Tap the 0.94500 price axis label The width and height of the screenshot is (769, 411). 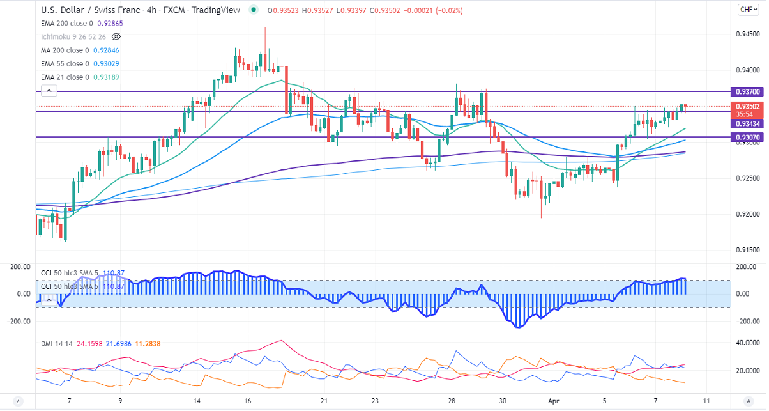click(x=747, y=34)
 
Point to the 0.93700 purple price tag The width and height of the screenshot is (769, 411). click(x=747, y=92)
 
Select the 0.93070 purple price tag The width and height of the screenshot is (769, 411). click(x=747, y=137)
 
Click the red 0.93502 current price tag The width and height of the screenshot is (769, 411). click(x=747, y=106)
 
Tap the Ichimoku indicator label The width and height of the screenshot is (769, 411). click(x=71, y=36)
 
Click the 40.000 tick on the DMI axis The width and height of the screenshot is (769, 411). click(x=747, y=343)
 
